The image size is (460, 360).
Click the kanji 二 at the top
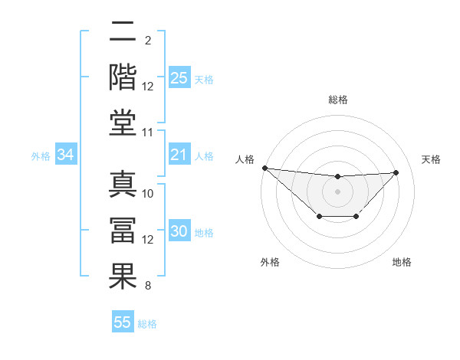pos(123,33)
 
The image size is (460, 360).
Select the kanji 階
pos(123,77)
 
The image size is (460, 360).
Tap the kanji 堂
pos(123,122)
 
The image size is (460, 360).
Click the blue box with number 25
pos(179,77)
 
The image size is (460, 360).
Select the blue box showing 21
pos(179,155)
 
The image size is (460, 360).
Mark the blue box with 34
pos(66,155)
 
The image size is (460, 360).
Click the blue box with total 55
pos(123,322)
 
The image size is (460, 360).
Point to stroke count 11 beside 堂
pos(148,133)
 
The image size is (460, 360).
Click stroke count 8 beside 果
pos(148,286)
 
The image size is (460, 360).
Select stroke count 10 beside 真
pos(148,194)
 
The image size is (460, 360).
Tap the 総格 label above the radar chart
pos(337,100)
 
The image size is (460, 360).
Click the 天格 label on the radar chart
pos(432,159)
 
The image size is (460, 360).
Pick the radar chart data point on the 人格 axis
pos(264,168)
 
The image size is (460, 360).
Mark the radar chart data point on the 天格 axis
pos(396,172)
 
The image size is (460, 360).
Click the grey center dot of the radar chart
pos(337,191)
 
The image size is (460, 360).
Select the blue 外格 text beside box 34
pos(41,156)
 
